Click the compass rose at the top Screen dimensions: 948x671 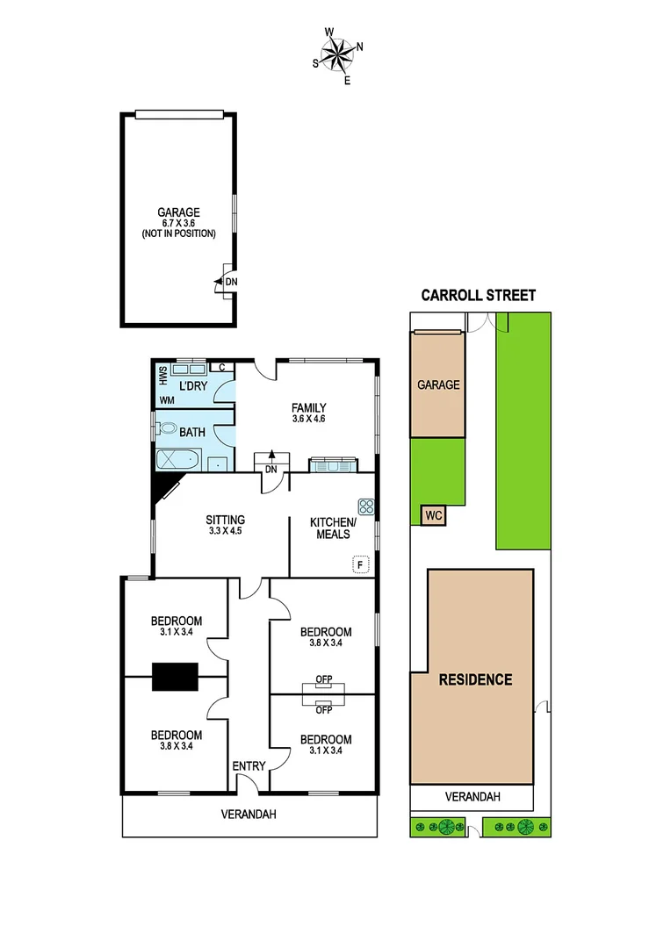tap(335, 54)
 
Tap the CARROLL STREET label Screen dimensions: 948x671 tap(478, 296)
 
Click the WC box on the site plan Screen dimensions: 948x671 tap(433, 515)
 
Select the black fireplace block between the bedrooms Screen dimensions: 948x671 tap(175, 676)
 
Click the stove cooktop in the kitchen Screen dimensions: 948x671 tap(366, 506)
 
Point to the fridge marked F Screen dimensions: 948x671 tap(360, 564)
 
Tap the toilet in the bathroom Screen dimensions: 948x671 tap(167, 429)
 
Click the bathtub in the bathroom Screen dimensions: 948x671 tap(178, 459)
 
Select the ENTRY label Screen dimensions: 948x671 tap(249, 766)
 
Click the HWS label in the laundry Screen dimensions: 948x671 tap(162, 376)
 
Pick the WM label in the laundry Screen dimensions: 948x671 tap(167, 400)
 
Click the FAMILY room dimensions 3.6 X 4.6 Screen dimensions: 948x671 tap(309, 419)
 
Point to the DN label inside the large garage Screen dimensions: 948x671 tap(231, 282)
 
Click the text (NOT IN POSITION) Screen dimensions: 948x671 tap(178, 234)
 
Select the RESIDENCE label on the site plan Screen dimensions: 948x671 tap(475, 679)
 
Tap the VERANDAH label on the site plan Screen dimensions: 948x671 tap(473, 797)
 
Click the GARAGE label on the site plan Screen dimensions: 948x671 tap(438, 384)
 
